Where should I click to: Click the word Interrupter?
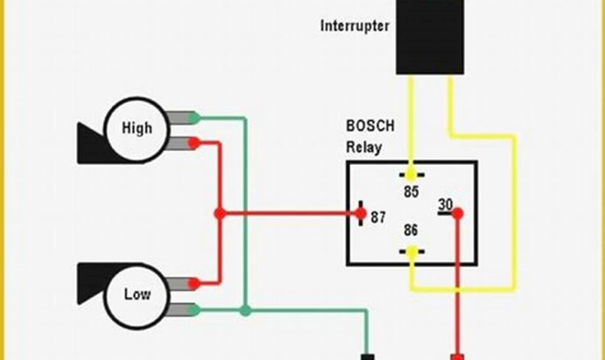click(x=354, y=26)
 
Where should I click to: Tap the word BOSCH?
click(x=369, y=126)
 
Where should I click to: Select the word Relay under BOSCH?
click(x=363, y=147)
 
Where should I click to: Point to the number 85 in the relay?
click(x=411, y=192)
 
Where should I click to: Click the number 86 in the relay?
click(x=411, y=230)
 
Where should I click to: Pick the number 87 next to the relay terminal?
click(x=378, y=217)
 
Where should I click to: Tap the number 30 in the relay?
click(x=445, y=204)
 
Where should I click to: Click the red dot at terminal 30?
click(x=457, y=213)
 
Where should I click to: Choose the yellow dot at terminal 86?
click(x=412, y=251)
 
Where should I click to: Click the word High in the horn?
click(x=136, y=128)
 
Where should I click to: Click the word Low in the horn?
click(x=136, y=294)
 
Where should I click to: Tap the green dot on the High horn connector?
click(x=194, y=118)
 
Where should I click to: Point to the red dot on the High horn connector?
click(x=194, y=142)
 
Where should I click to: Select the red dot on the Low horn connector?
click(x=194, y=284)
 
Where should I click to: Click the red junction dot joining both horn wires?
click(x=220, y=213)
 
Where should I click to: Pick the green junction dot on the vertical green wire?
click(x=245, y=310)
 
